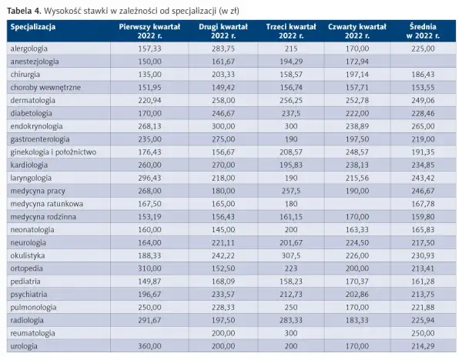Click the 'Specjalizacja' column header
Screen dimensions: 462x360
click(x=33, y=27)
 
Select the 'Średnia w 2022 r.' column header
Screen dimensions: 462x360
click(x=423, y=32)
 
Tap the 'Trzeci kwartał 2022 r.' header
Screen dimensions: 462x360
click(x=291, y=32)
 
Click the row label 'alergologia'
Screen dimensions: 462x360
click(x=29, y=48)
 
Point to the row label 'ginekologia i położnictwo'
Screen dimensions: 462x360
click(x=53, y=152)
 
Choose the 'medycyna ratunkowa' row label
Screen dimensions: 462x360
click(x=46, y=204)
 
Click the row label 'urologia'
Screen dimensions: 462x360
click(x=24, y=346)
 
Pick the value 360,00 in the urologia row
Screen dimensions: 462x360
click(x=149, y=346)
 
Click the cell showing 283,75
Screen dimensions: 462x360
click(x=223, y=48)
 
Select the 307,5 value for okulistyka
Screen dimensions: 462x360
click(x=291, y=255)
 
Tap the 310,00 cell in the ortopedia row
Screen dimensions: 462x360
click(x=149, y=268)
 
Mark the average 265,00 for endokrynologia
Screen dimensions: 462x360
click(x=423, y=126)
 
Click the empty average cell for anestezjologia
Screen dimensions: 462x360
click(x=423, y=62)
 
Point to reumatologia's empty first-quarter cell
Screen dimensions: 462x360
click(x=149, y=333)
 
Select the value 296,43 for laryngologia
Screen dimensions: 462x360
click(x=149, y=178)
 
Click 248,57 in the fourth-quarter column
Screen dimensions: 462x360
click(x=357, y=152)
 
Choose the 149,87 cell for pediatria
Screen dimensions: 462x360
click(x=149, y=282)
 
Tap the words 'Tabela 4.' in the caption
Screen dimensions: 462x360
click(x=24, y=11)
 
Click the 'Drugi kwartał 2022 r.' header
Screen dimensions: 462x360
click(x=223, y=32)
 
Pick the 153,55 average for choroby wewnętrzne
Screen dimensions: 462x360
click(x=423, y=88)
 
